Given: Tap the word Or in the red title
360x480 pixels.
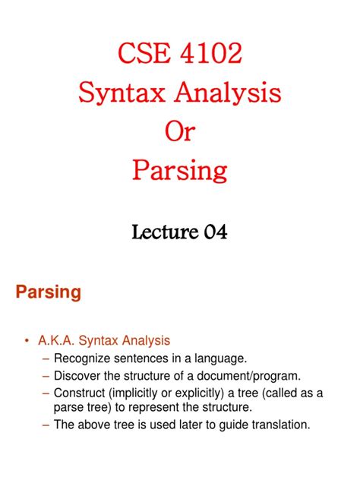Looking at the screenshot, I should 180,131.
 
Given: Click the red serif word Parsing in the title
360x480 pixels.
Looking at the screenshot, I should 180,171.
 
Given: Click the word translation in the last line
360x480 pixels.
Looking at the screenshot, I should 278,425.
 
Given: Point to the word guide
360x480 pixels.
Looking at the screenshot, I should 232,425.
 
